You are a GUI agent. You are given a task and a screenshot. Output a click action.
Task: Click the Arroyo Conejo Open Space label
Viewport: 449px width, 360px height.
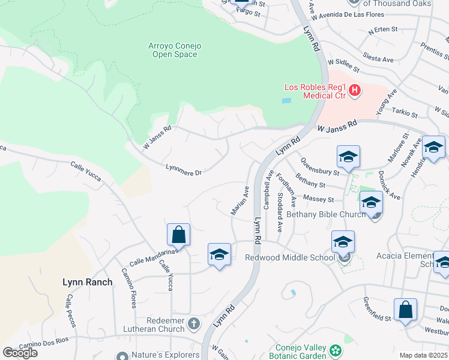172,50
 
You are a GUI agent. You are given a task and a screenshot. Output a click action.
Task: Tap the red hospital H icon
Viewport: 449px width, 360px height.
355,91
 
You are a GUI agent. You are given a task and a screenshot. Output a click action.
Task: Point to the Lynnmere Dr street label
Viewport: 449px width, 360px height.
184,170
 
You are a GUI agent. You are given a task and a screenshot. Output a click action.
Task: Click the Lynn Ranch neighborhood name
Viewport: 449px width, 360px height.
88,281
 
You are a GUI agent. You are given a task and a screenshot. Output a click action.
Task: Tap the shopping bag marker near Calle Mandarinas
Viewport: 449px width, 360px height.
178,235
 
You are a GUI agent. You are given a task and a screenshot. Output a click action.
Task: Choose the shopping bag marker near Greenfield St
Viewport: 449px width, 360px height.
405,310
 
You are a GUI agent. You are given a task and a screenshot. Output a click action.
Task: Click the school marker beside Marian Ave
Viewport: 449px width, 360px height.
219,254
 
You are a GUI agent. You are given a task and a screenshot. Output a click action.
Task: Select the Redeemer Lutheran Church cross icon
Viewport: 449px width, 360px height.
193,325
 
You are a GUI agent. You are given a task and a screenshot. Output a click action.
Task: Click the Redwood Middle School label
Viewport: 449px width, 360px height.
290,258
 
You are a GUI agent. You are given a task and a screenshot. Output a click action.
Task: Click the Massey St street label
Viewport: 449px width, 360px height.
319,198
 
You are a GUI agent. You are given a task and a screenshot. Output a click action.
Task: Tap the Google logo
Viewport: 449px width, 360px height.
20,353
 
